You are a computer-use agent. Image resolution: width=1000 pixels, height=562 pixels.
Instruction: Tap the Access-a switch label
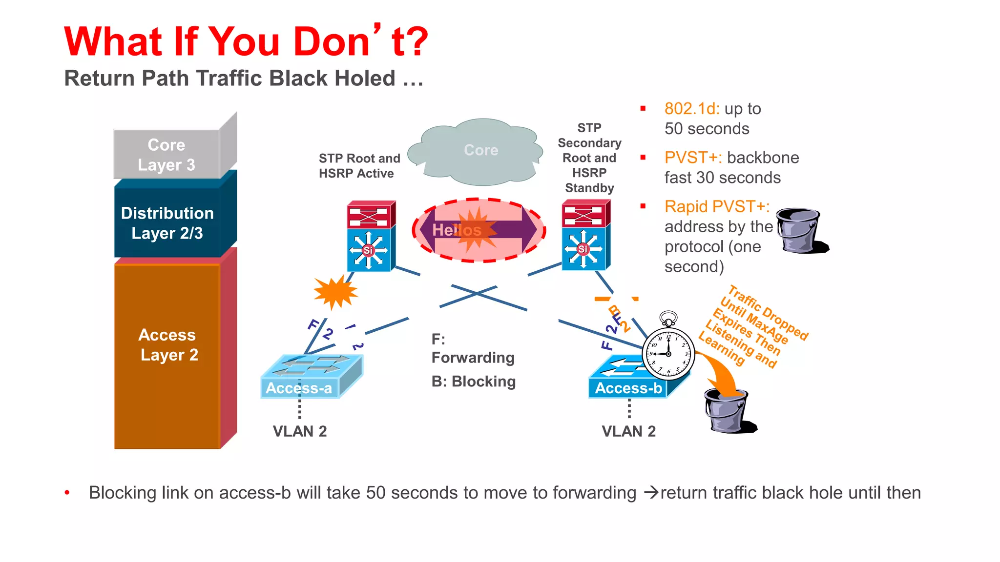[298, 388]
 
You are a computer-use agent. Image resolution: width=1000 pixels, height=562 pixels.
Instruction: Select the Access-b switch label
[628, 388]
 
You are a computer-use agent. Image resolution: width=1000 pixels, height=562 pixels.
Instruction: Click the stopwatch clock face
[668, 353]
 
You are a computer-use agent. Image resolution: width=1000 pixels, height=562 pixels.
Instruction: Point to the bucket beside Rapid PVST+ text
[798, 230]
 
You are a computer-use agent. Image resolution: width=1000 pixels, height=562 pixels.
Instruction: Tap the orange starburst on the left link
[335, 292]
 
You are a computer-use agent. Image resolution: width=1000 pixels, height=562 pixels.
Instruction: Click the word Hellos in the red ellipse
[457, 230]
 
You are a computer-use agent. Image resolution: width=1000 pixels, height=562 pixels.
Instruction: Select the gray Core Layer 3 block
[167, 155]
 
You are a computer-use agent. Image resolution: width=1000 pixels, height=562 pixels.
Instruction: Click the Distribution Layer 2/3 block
[167, 223]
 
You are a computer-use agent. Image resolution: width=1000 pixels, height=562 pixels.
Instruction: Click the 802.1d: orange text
[692, 109]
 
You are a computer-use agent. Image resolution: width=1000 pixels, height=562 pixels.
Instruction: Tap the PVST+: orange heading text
[693, 158]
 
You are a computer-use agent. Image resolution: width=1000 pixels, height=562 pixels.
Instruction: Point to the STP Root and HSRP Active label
[359, 166]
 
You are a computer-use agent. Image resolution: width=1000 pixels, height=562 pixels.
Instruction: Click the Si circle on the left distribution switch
[368, 250]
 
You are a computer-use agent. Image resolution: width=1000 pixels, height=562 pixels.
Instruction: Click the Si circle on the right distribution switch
[583, 249]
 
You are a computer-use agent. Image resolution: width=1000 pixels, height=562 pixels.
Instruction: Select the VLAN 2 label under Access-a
[299, 431]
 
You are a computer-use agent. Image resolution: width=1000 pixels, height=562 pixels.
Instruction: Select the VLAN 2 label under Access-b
[628, 431]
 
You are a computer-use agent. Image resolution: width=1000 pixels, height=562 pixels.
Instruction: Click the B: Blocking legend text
[473, 381]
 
